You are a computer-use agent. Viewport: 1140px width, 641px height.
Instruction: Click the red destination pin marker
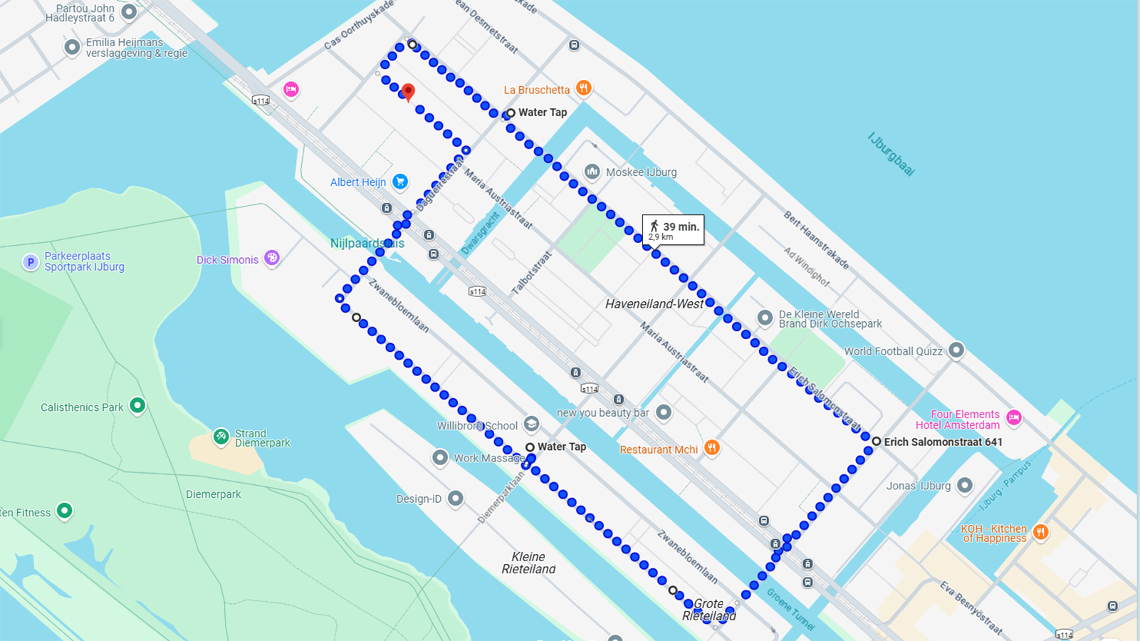click(x=408, y=92)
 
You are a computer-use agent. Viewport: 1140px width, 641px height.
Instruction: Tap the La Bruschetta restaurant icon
click(x=583, y=88)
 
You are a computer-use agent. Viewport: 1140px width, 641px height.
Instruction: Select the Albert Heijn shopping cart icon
click(x=400, y=182)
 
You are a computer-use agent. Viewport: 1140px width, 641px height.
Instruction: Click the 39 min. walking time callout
click(x=673, y=229)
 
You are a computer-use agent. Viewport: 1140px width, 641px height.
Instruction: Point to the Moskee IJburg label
click(x=641, y=172)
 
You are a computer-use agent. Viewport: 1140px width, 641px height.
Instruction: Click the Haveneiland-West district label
click(x=654, y=304)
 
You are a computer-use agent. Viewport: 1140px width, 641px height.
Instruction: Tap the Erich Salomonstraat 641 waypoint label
click(x=942, y=442)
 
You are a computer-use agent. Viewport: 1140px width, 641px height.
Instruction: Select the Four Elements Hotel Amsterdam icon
click(x=1014, y=418)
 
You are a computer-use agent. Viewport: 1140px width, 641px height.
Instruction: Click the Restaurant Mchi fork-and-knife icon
click(x=711, y=447)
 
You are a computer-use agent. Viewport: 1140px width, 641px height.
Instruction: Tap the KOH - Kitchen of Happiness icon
click(x=1040, y=532)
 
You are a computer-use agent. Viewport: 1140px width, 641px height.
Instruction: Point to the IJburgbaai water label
click(x=891, y=154)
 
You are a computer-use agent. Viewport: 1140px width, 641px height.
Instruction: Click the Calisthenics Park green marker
click(x=137, y=406)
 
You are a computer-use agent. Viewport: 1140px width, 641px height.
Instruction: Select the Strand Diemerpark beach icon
click(x=221, y=437)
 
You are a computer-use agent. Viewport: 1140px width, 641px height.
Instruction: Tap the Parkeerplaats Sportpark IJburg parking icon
click(x=30, y=262)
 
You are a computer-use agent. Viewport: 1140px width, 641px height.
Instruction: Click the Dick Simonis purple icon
click(x=271, y=258)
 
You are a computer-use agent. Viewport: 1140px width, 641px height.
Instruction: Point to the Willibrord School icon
click(x=531, y=425)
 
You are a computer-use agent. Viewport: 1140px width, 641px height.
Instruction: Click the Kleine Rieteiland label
click(x=528, y=563)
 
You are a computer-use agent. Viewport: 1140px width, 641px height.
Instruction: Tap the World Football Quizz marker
click(x=956, y=350)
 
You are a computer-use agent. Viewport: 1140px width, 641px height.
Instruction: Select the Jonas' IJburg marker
click(x=965, y=486)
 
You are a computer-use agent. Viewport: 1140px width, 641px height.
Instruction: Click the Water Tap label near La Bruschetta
click(x=542, y=113)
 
